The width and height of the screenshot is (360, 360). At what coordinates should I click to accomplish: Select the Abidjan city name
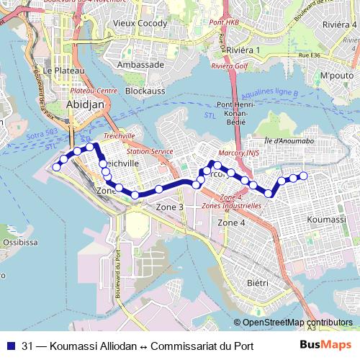click(85, 104)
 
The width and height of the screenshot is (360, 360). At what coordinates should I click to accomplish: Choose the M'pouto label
click(336, 76)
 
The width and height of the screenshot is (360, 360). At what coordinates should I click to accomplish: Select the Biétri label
click(257, 283)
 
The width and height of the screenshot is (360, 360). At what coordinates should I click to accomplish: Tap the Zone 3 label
click(171, 207)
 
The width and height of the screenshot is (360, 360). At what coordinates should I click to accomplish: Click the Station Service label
click(150, 152)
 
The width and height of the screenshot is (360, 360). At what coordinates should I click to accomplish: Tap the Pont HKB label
click(223, 22)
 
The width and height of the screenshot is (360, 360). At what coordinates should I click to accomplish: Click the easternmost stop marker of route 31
click(303, 176)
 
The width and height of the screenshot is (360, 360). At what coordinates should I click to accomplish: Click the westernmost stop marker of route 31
click(56, 167)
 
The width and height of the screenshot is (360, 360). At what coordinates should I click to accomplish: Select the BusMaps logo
click(322, 345)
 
